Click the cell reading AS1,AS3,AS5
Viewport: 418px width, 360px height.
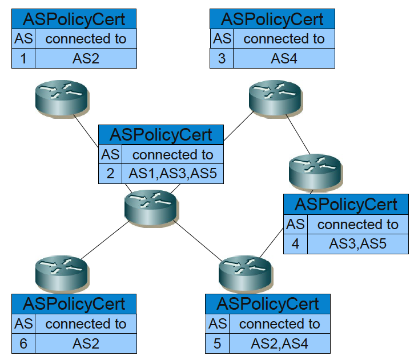pos(172,174)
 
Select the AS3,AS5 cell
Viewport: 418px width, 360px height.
pos(358,243)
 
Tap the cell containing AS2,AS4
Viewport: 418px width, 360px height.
pos(279,343)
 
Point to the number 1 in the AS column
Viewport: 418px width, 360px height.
pos(23,58)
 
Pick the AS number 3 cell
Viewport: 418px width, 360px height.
pos(222,58)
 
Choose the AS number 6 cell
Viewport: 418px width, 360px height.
pos(23,343)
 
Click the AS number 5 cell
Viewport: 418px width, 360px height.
pos(218,343)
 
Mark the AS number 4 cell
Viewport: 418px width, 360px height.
pos(295,243)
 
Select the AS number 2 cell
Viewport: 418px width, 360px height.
pos(110,174)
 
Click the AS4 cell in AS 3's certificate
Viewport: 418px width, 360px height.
pos(284,58)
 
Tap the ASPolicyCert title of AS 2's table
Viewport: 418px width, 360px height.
pos(160,134)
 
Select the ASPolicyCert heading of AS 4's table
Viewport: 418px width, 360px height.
pos(346,204)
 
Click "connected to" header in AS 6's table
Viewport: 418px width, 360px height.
pos(86,324)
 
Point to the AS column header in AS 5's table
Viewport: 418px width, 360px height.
pos(218,324)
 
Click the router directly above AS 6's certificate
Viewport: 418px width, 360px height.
pos(60,271)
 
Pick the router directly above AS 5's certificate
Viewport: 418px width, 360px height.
pos(244,271)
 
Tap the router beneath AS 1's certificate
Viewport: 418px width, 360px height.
pos(60,95)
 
